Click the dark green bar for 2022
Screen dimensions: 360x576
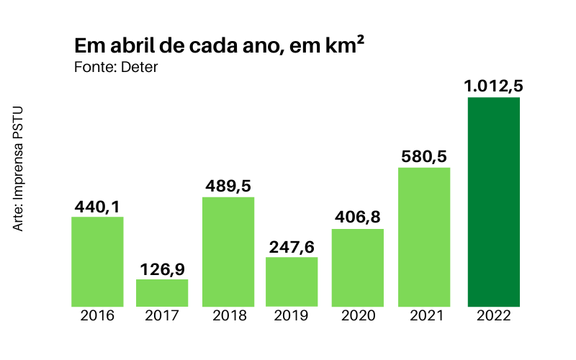pos(494,202)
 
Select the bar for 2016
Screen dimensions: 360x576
pos(97,261)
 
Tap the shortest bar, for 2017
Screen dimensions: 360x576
pos(162,293)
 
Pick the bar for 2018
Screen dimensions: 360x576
pos(228,252)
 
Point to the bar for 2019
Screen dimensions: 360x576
pos(292,282)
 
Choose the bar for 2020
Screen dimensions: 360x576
pos(357,268)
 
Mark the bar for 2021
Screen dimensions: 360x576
pos(423,237)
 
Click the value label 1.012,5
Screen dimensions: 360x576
pos(493,86)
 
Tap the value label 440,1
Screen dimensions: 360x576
pos(97,207)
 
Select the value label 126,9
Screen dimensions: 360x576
pos(162,269)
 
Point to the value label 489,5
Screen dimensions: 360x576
pos(228,186)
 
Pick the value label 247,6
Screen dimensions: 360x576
pos(292,247)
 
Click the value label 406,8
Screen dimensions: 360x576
pos(357,218)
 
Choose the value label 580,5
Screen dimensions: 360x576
pos(423,157)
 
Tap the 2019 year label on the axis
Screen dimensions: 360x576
pos(292,315)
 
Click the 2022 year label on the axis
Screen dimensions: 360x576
pos(494,315)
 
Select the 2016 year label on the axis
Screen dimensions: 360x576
pos(97,315)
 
